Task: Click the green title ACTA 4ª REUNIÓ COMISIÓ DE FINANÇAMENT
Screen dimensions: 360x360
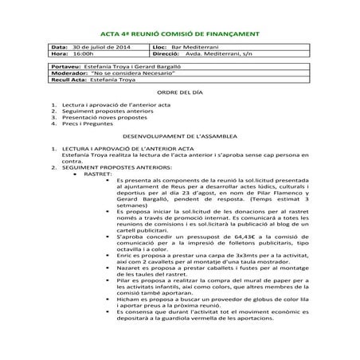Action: (x=180, y=34)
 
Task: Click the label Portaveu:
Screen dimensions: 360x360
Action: (x=65, y=68)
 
